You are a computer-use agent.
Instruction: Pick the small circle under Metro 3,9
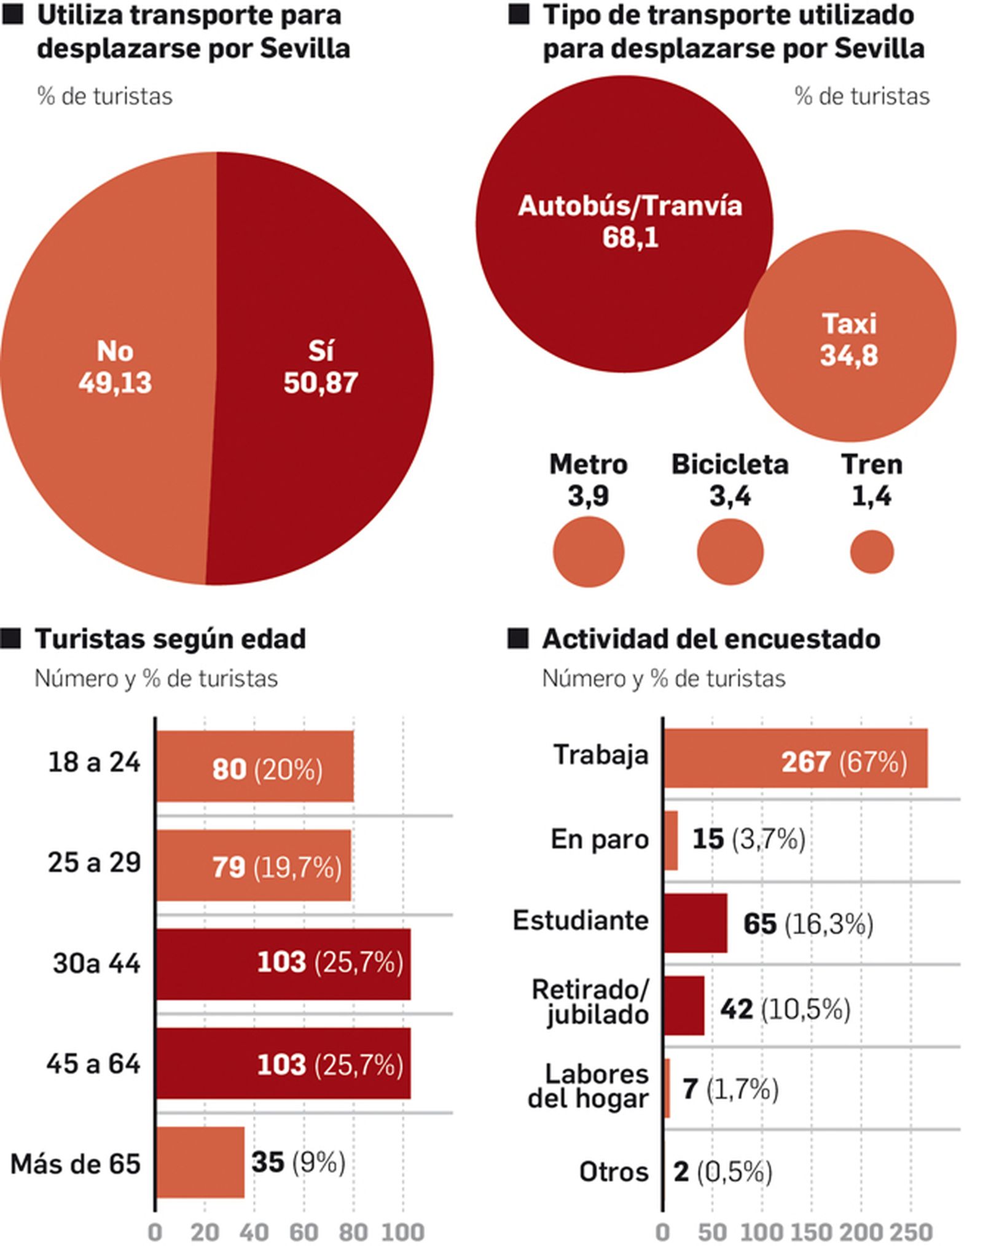click(588, 552)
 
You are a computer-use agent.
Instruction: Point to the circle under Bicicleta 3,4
click(729, 552)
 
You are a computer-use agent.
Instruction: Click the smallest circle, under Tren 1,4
click(871, 552)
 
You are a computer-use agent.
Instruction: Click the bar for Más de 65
click(200, 1161)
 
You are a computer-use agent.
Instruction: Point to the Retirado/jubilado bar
click(684, 1005)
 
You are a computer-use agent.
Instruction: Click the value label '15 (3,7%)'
click(748, 839)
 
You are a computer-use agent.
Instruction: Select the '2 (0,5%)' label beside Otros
click(722, 1172)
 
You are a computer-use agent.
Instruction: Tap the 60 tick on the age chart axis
click(304, 1231)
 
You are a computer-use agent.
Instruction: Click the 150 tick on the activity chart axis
click(811, 1231)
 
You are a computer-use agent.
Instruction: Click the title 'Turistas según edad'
click(170, 639)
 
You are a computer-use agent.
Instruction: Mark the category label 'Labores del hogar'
click(588, 1086)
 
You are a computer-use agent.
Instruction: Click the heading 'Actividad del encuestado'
click(711, 639)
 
